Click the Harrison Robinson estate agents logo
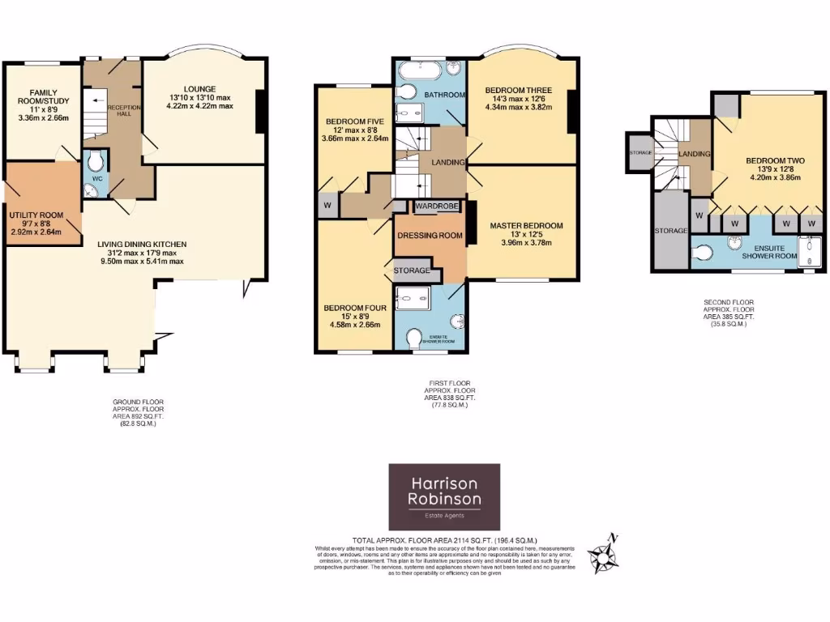(444, 496)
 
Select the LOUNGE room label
(199, 88)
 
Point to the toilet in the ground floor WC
(96, 159)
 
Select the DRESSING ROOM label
(429, 236)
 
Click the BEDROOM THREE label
(519, 90)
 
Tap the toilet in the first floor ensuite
(416, 336)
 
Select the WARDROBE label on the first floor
(437, 207)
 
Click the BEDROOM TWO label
(772, 161)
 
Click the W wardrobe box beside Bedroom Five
(328, 204)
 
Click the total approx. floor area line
(445, 540)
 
